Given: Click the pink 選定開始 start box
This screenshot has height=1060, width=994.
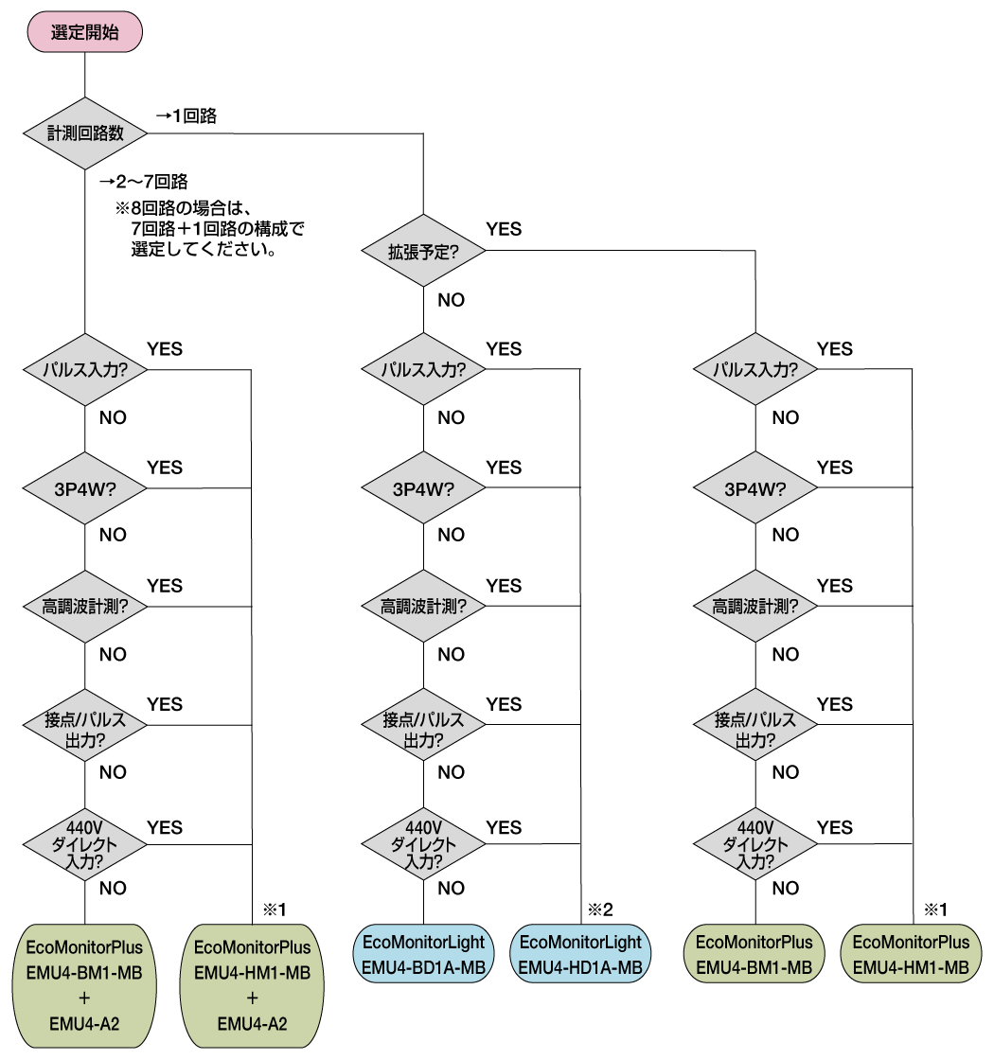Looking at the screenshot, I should [x=85, y=32].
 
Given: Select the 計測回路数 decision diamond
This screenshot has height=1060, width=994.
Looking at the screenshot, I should [x=85, y=133].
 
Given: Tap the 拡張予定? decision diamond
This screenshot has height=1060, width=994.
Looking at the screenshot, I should [x=423, y=251].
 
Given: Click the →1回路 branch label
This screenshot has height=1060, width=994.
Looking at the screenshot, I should [x=186, y=116].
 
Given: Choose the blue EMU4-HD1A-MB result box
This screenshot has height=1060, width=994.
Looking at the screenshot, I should [x=581, y=954].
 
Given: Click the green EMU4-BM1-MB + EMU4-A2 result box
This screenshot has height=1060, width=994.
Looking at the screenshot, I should [x=85, y=984].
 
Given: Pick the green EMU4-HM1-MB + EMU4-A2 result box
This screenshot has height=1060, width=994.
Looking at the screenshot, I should [x=252, y=984].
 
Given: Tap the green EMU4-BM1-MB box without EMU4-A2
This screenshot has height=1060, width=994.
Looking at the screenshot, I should [x=754, y=954].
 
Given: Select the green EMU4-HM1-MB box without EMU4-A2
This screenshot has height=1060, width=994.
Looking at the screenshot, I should [x=911, y=954].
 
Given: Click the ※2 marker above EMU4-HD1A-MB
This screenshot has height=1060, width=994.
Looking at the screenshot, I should [x=601, y=910].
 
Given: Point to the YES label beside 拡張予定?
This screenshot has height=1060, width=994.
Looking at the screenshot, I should [x=504, y=229].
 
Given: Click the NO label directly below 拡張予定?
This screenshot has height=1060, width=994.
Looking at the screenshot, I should [x=451, y=300].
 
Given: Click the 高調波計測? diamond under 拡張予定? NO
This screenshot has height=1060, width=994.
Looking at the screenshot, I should [x=423, y=606].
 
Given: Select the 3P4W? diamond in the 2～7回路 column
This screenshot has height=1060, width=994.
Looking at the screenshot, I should [x=85, y=488].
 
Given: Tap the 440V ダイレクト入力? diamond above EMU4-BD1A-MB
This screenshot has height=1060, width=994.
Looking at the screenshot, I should [x=423, y=843].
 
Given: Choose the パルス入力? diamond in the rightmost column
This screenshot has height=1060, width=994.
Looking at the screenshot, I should [x=754, y=369].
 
